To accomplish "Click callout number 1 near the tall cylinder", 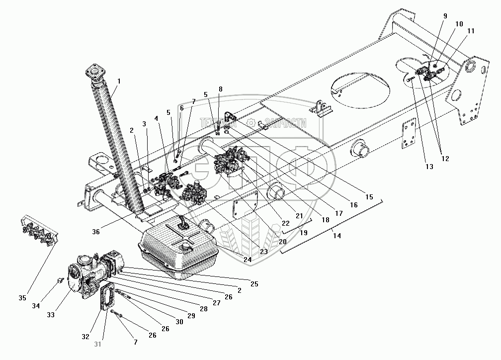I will click(x=119, y=81).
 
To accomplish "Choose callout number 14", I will click(x=337, y=236).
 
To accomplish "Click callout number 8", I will click(x=220, y=90).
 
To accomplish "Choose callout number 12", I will click(x=445, y=159).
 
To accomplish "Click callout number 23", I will click(x=263, y=252).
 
